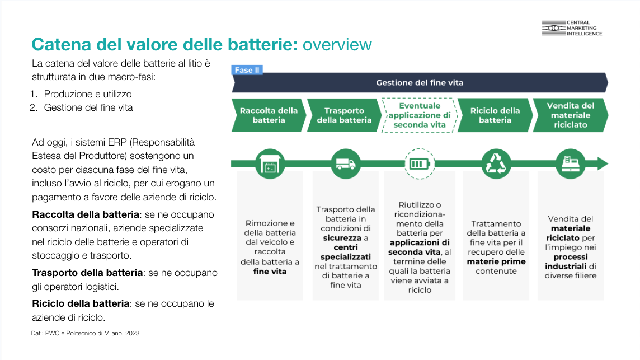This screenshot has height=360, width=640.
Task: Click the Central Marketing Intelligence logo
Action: pyautogui.click(x=572, y=29)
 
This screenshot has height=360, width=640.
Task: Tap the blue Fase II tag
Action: pyautogui.click(x=247, y=70)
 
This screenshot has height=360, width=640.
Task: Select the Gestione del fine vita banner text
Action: pyautogui.click(x=420, y=83)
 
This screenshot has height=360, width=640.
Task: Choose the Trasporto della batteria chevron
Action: pyautogui.click(x=343, y=115)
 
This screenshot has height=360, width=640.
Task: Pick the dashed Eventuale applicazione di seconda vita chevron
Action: pyautogui.click(x=420, y=115)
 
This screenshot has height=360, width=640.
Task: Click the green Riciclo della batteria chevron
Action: pyautogui.click(x=495, y=115)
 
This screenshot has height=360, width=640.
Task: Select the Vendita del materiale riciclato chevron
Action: pyautogui.click(x=570, y=115)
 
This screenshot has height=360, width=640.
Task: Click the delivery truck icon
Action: pyautogui.click(x=345, y=164)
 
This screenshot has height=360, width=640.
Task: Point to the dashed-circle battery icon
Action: pyautogui.click(x=420, y=164)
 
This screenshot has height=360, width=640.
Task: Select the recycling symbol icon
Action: pyautogui.click(x=496, y=164)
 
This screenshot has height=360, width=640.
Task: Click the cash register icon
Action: pyautogui.click(x=570, y=164)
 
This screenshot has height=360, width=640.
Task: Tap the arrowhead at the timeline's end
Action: pyautogui.click(x=602, y=164)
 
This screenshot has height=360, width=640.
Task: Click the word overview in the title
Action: pyautogui.click(x=337, y=44)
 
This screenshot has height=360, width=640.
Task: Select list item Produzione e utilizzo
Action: pyautogui.click(x=88, y=94)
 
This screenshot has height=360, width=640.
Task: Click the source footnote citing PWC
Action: pyautogui.click(x=85, y=334)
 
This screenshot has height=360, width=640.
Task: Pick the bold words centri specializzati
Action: pyautogui.click(x=345, y=252)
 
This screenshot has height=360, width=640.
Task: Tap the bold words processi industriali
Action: pyautogui.click(x=570, y=261)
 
